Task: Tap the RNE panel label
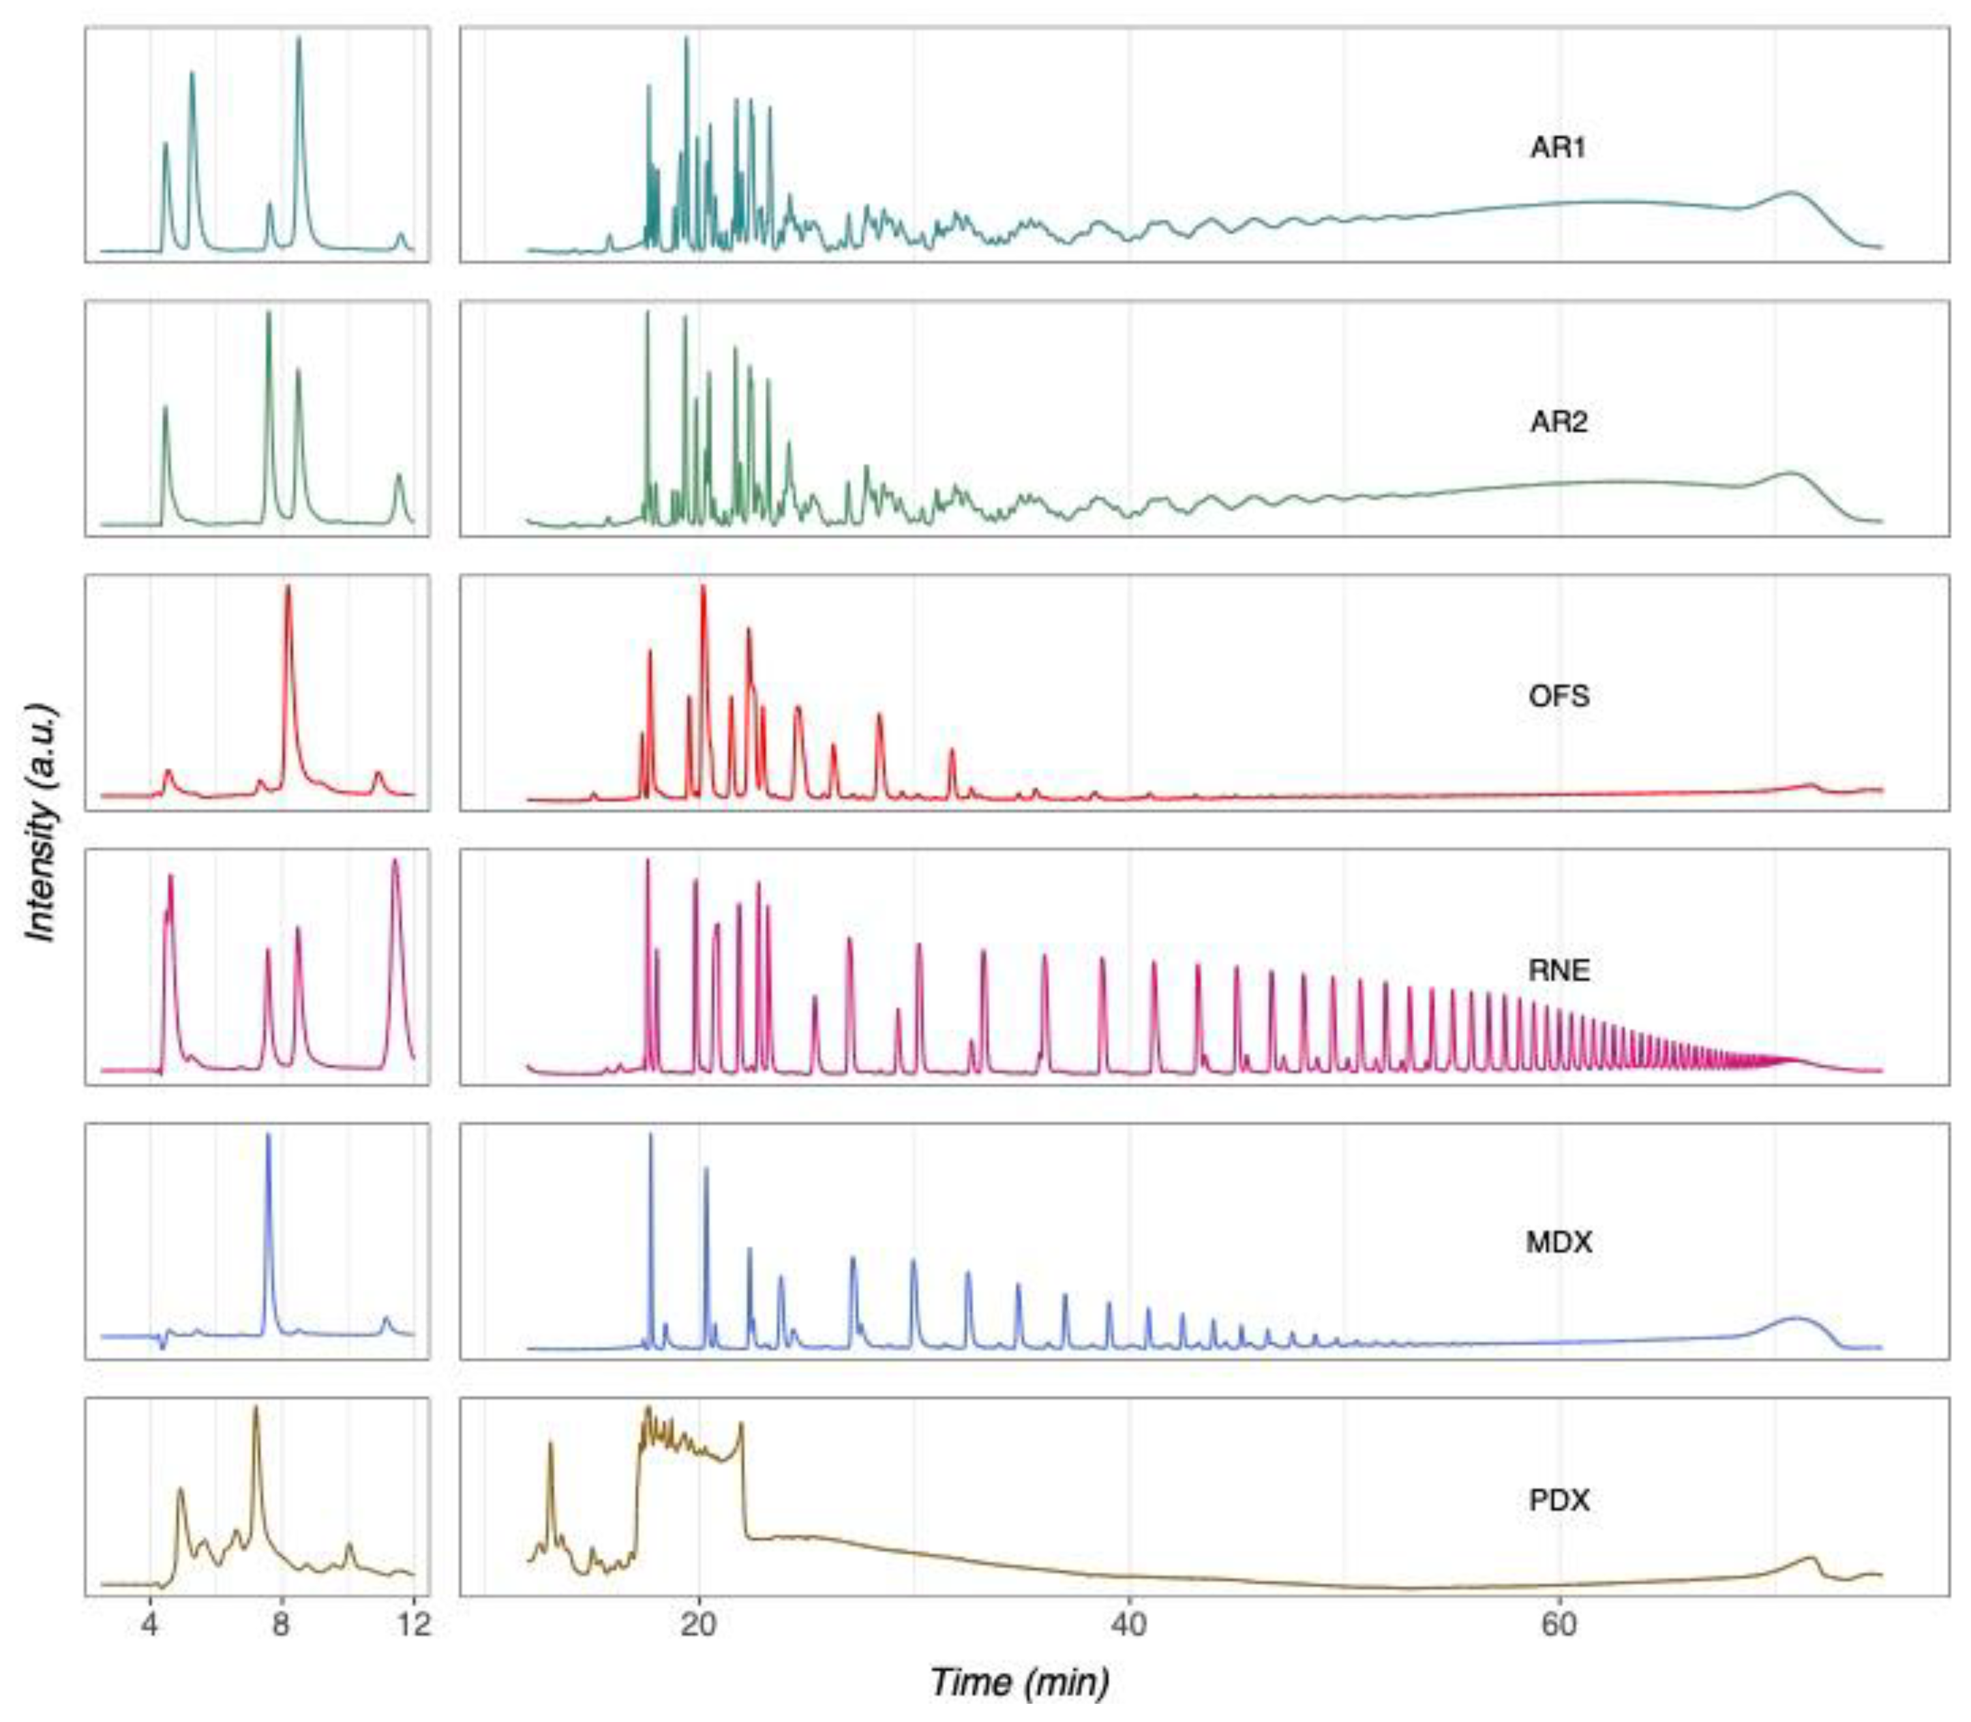(1559, 971)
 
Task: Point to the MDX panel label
(1559, 1243)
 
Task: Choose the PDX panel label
(1559, 1500)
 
